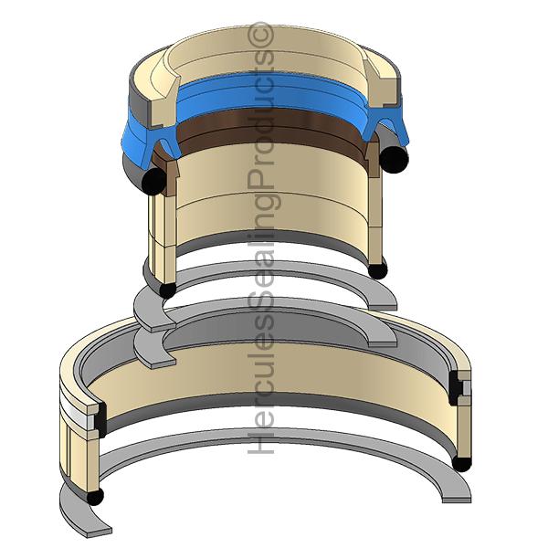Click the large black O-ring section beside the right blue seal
[x=394, y=159]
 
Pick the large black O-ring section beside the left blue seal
[x=154, y=180]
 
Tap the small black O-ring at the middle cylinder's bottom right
[x=378, y=270]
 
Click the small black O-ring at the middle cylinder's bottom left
[x=167, y=290]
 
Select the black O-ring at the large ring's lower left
[x=95, y=497]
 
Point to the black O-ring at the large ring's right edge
[x=461, y=462]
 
